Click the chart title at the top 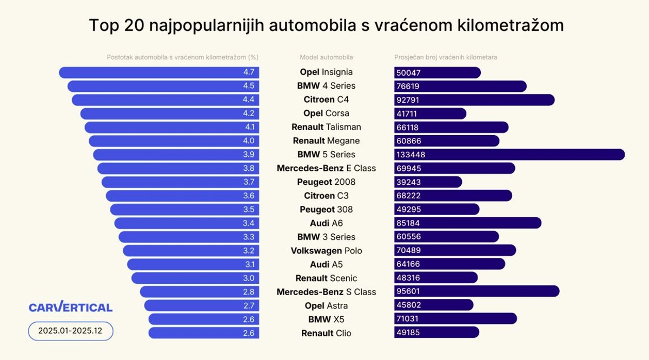pos(326,25)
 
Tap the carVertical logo pos(70,307)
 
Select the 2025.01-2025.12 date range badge pos(70,330)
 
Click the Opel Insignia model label pos(326,72)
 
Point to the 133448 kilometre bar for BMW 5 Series pos(509,155)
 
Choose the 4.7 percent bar pos(159,72)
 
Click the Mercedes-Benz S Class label pos(326,292)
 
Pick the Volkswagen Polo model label pos(326,251)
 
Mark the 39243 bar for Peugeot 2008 pos(428,182)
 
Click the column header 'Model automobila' pos(326,57)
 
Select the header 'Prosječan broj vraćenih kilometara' pos(445,57)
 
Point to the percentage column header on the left pos(183,57)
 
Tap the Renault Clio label pos(326,333)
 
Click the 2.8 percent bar pos(200,292)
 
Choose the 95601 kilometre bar pos(476,292)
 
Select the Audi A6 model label pos(326,223)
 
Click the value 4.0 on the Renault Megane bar pos(249,141)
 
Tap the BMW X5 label pos(326,319)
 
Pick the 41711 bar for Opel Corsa pos(430,114)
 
